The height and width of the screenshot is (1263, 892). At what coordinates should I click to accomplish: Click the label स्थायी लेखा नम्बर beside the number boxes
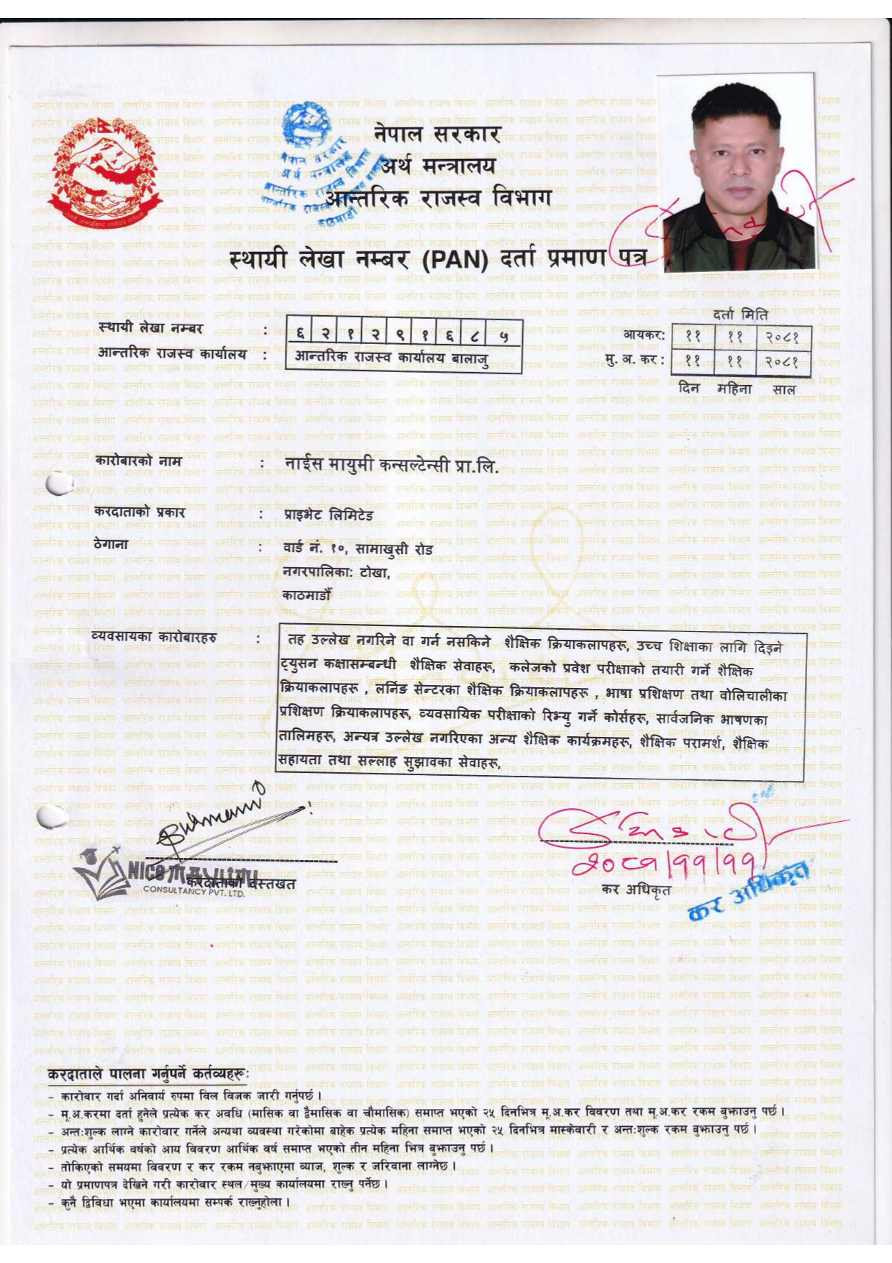coord(151,329)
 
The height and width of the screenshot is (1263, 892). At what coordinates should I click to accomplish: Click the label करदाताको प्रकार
coord(140,512)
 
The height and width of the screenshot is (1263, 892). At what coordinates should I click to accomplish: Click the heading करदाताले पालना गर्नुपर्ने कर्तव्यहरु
coord(148,1074)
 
